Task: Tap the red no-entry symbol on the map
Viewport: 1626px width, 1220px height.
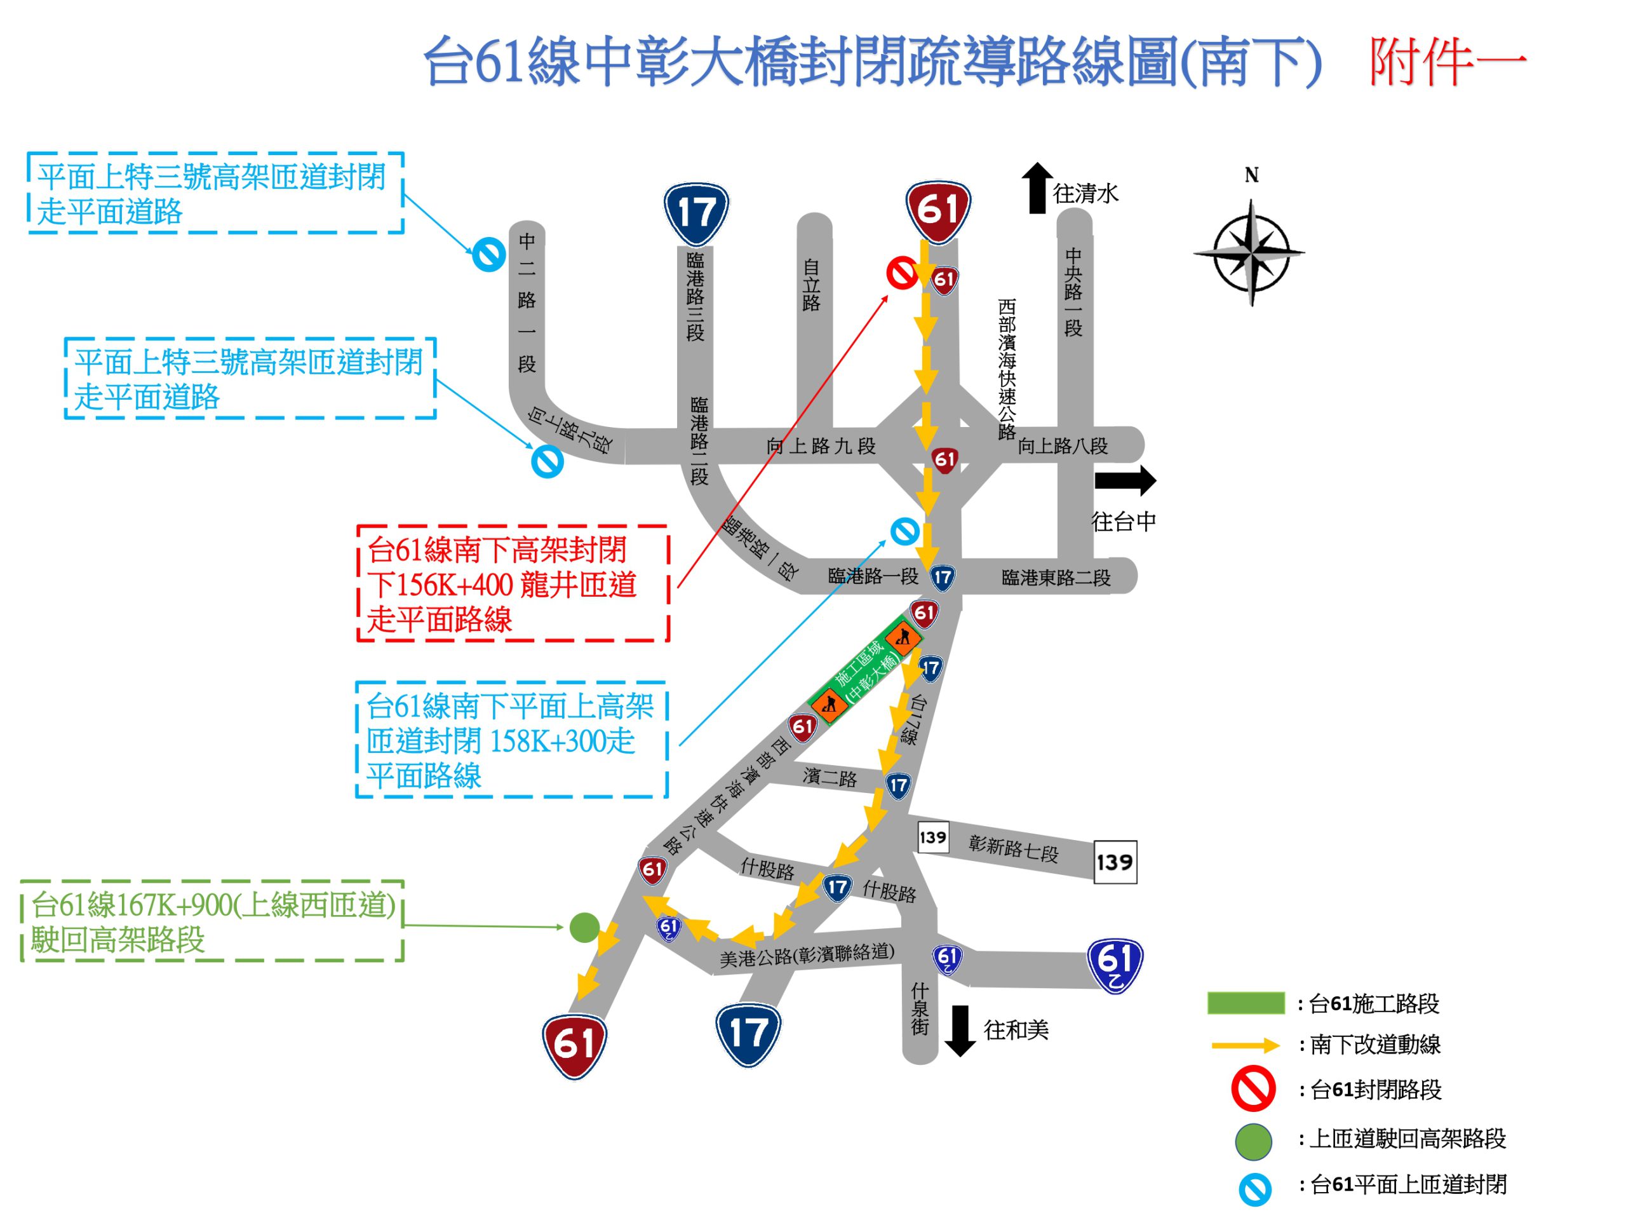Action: [x=902, y=273]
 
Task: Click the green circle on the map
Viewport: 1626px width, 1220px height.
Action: [x=584, y=927]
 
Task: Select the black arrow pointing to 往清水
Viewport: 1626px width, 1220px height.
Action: [x=1037, y=187]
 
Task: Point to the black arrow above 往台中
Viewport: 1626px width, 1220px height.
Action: [x=1125, y=480]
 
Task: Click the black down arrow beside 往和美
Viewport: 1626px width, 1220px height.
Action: [x=959, y=1029]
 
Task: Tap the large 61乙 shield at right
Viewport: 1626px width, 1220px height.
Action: [x=1115, y=964]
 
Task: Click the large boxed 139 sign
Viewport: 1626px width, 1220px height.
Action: [x=1115, y=862]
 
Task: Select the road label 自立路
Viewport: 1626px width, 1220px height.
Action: [x=812, y=285]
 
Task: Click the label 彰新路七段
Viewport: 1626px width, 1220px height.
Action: [x=1013, y=848]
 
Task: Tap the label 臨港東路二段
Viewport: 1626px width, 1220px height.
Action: [x=1056, y=578]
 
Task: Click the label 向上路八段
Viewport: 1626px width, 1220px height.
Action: [x=1062, y=445]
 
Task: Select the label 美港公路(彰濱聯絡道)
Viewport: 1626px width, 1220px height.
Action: [x=807, y=954]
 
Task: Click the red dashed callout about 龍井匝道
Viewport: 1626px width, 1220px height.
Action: [x=513, y=584]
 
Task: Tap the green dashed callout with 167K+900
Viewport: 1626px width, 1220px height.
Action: [x=212, y=921]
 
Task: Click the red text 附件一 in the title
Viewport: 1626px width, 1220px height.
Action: [x=1447, y=62]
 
